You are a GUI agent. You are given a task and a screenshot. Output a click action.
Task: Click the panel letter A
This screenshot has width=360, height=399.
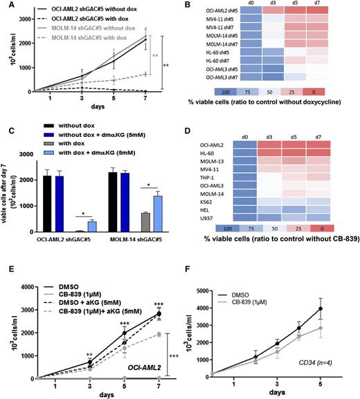pos(6,6)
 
